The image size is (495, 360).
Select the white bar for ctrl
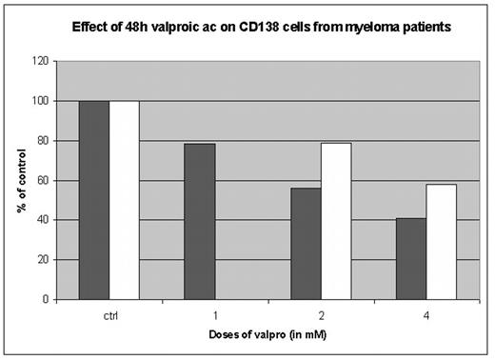pyautogui.click(x=125, y=200)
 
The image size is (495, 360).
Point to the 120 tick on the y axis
pyautogui.click(x=39, y=61)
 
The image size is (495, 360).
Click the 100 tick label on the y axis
pyautogui.click(x=39, y=101)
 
